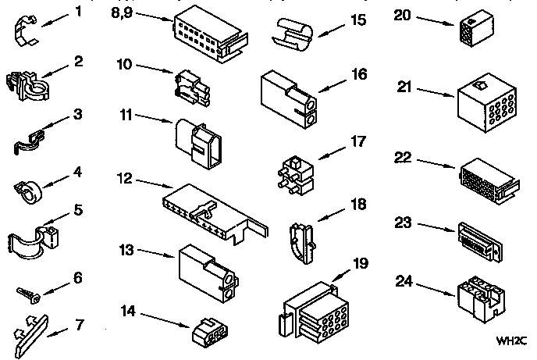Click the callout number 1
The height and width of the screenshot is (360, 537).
pos(77,12)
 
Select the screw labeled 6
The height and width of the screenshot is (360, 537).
pos(28,293)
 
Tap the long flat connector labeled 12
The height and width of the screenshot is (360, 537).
pos(207,209)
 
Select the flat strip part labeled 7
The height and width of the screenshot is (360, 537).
pos(37,329)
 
